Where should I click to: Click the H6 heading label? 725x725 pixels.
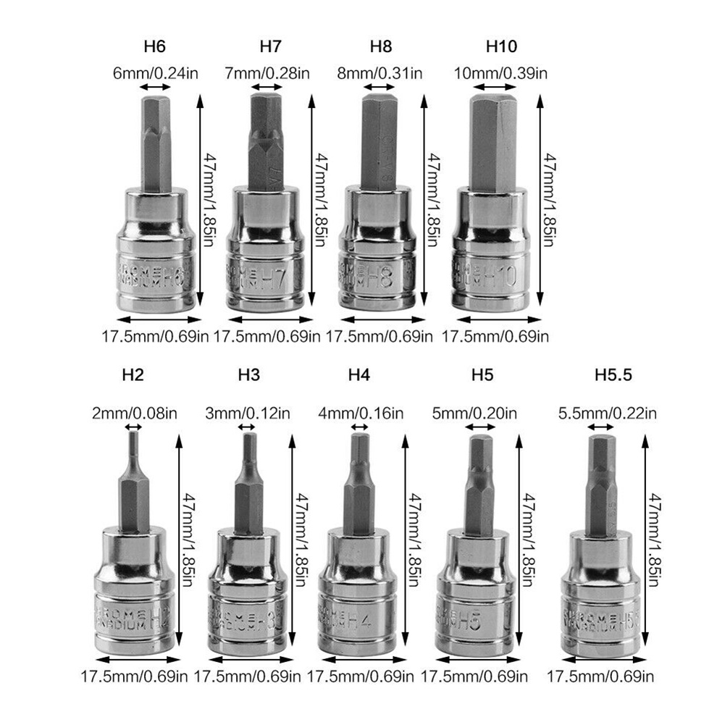154,48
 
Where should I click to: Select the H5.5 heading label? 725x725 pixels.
613,375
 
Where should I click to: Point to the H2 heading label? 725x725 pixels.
133,375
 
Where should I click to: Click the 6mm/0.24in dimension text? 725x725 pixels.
154,72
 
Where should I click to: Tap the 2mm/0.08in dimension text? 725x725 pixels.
133,414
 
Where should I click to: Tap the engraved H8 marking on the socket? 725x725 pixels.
381,276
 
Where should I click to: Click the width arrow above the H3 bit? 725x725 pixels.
248,429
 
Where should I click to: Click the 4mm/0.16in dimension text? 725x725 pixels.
361,414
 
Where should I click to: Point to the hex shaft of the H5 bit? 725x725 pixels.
479,485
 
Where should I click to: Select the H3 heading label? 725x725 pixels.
248,375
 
